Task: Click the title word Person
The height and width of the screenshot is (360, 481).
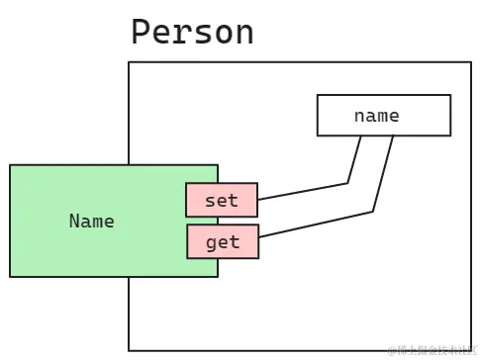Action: point(193,32)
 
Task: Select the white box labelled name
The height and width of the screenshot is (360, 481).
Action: point(383,115)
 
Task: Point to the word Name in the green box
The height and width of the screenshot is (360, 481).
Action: point(92,221)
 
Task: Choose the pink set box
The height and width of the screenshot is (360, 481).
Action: point(222,200)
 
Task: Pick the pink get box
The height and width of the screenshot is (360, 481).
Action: point(222,241)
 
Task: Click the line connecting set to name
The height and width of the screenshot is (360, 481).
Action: point(302,191)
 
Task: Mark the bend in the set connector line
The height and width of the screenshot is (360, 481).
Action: point(347,182)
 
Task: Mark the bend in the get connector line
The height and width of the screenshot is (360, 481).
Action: point(372,211)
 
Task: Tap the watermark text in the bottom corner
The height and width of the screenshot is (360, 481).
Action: point(432,350)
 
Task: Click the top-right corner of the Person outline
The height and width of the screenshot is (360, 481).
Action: point(470,63)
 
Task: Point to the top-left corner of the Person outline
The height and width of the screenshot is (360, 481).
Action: point(129,63)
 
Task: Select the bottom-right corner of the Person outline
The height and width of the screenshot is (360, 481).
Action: point(470,349)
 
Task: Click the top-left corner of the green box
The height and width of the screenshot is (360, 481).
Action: point(11,165)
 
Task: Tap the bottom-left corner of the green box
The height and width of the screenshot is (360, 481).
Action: point(11,276)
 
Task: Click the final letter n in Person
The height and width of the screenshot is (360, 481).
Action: point(243,34)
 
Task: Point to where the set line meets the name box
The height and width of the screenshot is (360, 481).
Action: point(362,135)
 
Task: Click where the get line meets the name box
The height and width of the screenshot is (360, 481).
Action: point(393,135)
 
